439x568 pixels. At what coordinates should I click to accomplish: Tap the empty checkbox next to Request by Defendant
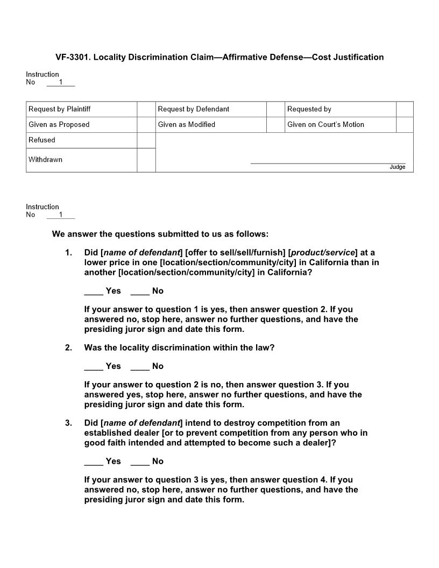(275, 109)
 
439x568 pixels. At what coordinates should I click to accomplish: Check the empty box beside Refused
(146, 140)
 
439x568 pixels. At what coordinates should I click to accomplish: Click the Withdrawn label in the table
(46, 160)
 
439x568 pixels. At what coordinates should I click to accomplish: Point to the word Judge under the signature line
(397, 167)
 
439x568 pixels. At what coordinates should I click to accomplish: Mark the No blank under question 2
(140, 367)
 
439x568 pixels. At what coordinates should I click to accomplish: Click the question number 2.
(68, 348)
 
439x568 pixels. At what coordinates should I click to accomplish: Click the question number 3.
(68, 423)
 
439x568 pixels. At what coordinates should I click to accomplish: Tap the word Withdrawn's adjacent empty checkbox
(146, 160)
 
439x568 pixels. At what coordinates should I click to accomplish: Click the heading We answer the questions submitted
(160, 234)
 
